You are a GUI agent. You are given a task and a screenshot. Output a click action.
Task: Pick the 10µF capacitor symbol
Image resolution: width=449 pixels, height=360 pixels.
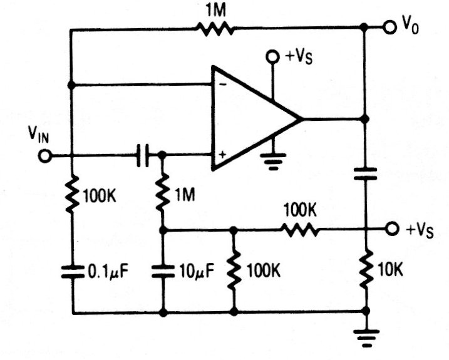tap(163, 270)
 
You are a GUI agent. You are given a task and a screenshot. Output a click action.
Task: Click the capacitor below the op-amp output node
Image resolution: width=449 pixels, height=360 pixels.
tap(366, 173)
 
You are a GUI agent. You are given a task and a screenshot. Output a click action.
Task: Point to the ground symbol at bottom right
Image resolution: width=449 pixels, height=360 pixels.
tap(366, 337)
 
